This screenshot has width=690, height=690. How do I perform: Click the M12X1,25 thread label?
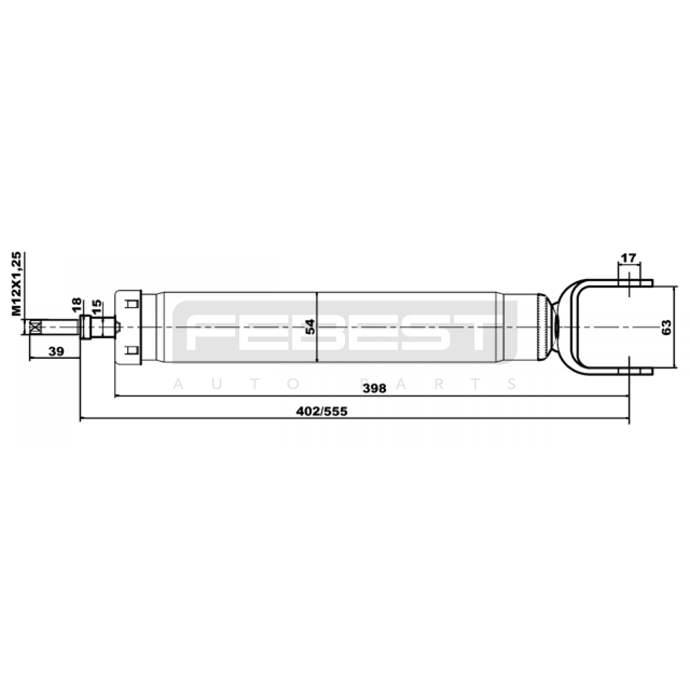[x=16, y=284]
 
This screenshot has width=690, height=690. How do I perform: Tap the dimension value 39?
[x=56, y=351]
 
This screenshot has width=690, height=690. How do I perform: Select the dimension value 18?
[x=76, y=305]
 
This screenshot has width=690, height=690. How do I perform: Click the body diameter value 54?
[x=310, y=326]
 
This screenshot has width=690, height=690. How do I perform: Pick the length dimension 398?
[x=374, y=388]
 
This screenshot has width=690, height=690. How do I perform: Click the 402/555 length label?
[x=322, y=411]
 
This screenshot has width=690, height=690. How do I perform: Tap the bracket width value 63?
[x=666, y=327]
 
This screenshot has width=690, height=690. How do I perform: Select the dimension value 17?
[x=628, y=258]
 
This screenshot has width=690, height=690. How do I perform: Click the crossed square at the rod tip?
[x=35, y=326]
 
